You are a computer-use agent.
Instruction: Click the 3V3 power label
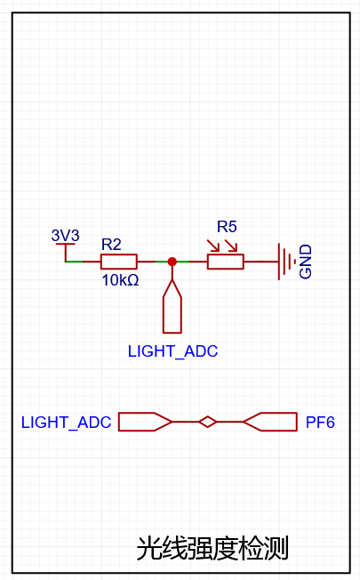click(x=66, y=235)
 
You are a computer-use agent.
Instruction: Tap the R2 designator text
click(x=111, y=245)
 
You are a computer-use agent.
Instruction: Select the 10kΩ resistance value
click(x=121, y=280)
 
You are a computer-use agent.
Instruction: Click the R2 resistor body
click(x=119, y=262)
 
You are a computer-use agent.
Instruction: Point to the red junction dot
click(x=172, y=262)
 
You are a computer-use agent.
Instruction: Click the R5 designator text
click(x=227, y=227)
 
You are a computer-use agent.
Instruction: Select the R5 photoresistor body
click(x=226, y=262)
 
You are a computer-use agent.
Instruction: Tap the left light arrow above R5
click(x=213, y=246)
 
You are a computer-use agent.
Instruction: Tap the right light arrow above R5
click(x=231, y=246)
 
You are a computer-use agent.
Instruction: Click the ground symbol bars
click(x=284, y=262)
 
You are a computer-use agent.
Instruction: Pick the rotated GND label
click(x=306, y=262)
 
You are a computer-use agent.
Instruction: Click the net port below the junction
click(x=172, y=306)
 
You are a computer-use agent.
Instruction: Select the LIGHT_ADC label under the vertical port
click(x=173, y=351)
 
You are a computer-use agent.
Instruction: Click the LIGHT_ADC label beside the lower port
click(x=66, y=422)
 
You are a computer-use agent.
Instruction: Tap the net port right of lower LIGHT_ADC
click(x=145, y=422)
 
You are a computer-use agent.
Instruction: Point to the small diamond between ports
click(x=207, y=422)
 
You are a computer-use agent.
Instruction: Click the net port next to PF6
click(x=270, y=422)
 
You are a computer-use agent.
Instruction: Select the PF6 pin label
click(x=320, y=422)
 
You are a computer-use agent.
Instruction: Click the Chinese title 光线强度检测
click(x=212, y=548)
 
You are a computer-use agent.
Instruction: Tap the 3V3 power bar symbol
click(x=66, y=244)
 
